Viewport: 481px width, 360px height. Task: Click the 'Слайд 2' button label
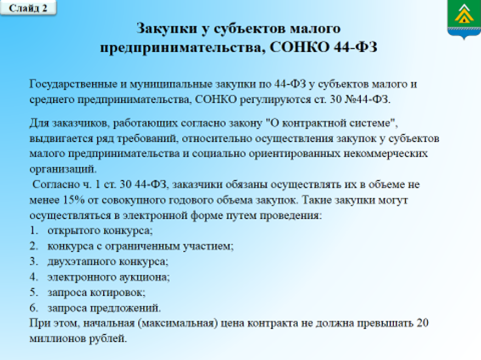(28, 8)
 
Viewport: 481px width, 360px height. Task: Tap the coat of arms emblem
(464, 19)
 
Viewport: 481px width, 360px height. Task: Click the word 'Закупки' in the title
(166, 29)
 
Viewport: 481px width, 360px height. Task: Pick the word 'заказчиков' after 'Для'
(81, 124)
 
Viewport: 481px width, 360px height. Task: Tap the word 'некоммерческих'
(385, 153)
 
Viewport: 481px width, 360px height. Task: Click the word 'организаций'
(63, 169)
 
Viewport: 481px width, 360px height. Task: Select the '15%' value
(74, 200)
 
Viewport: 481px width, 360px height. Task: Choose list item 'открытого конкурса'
(100, 231)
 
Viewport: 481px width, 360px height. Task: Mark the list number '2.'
(34, 246)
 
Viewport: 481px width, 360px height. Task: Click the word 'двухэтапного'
(81, 262)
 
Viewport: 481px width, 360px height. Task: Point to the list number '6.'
(34, 308)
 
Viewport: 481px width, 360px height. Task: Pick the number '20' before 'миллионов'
(422, 323)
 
